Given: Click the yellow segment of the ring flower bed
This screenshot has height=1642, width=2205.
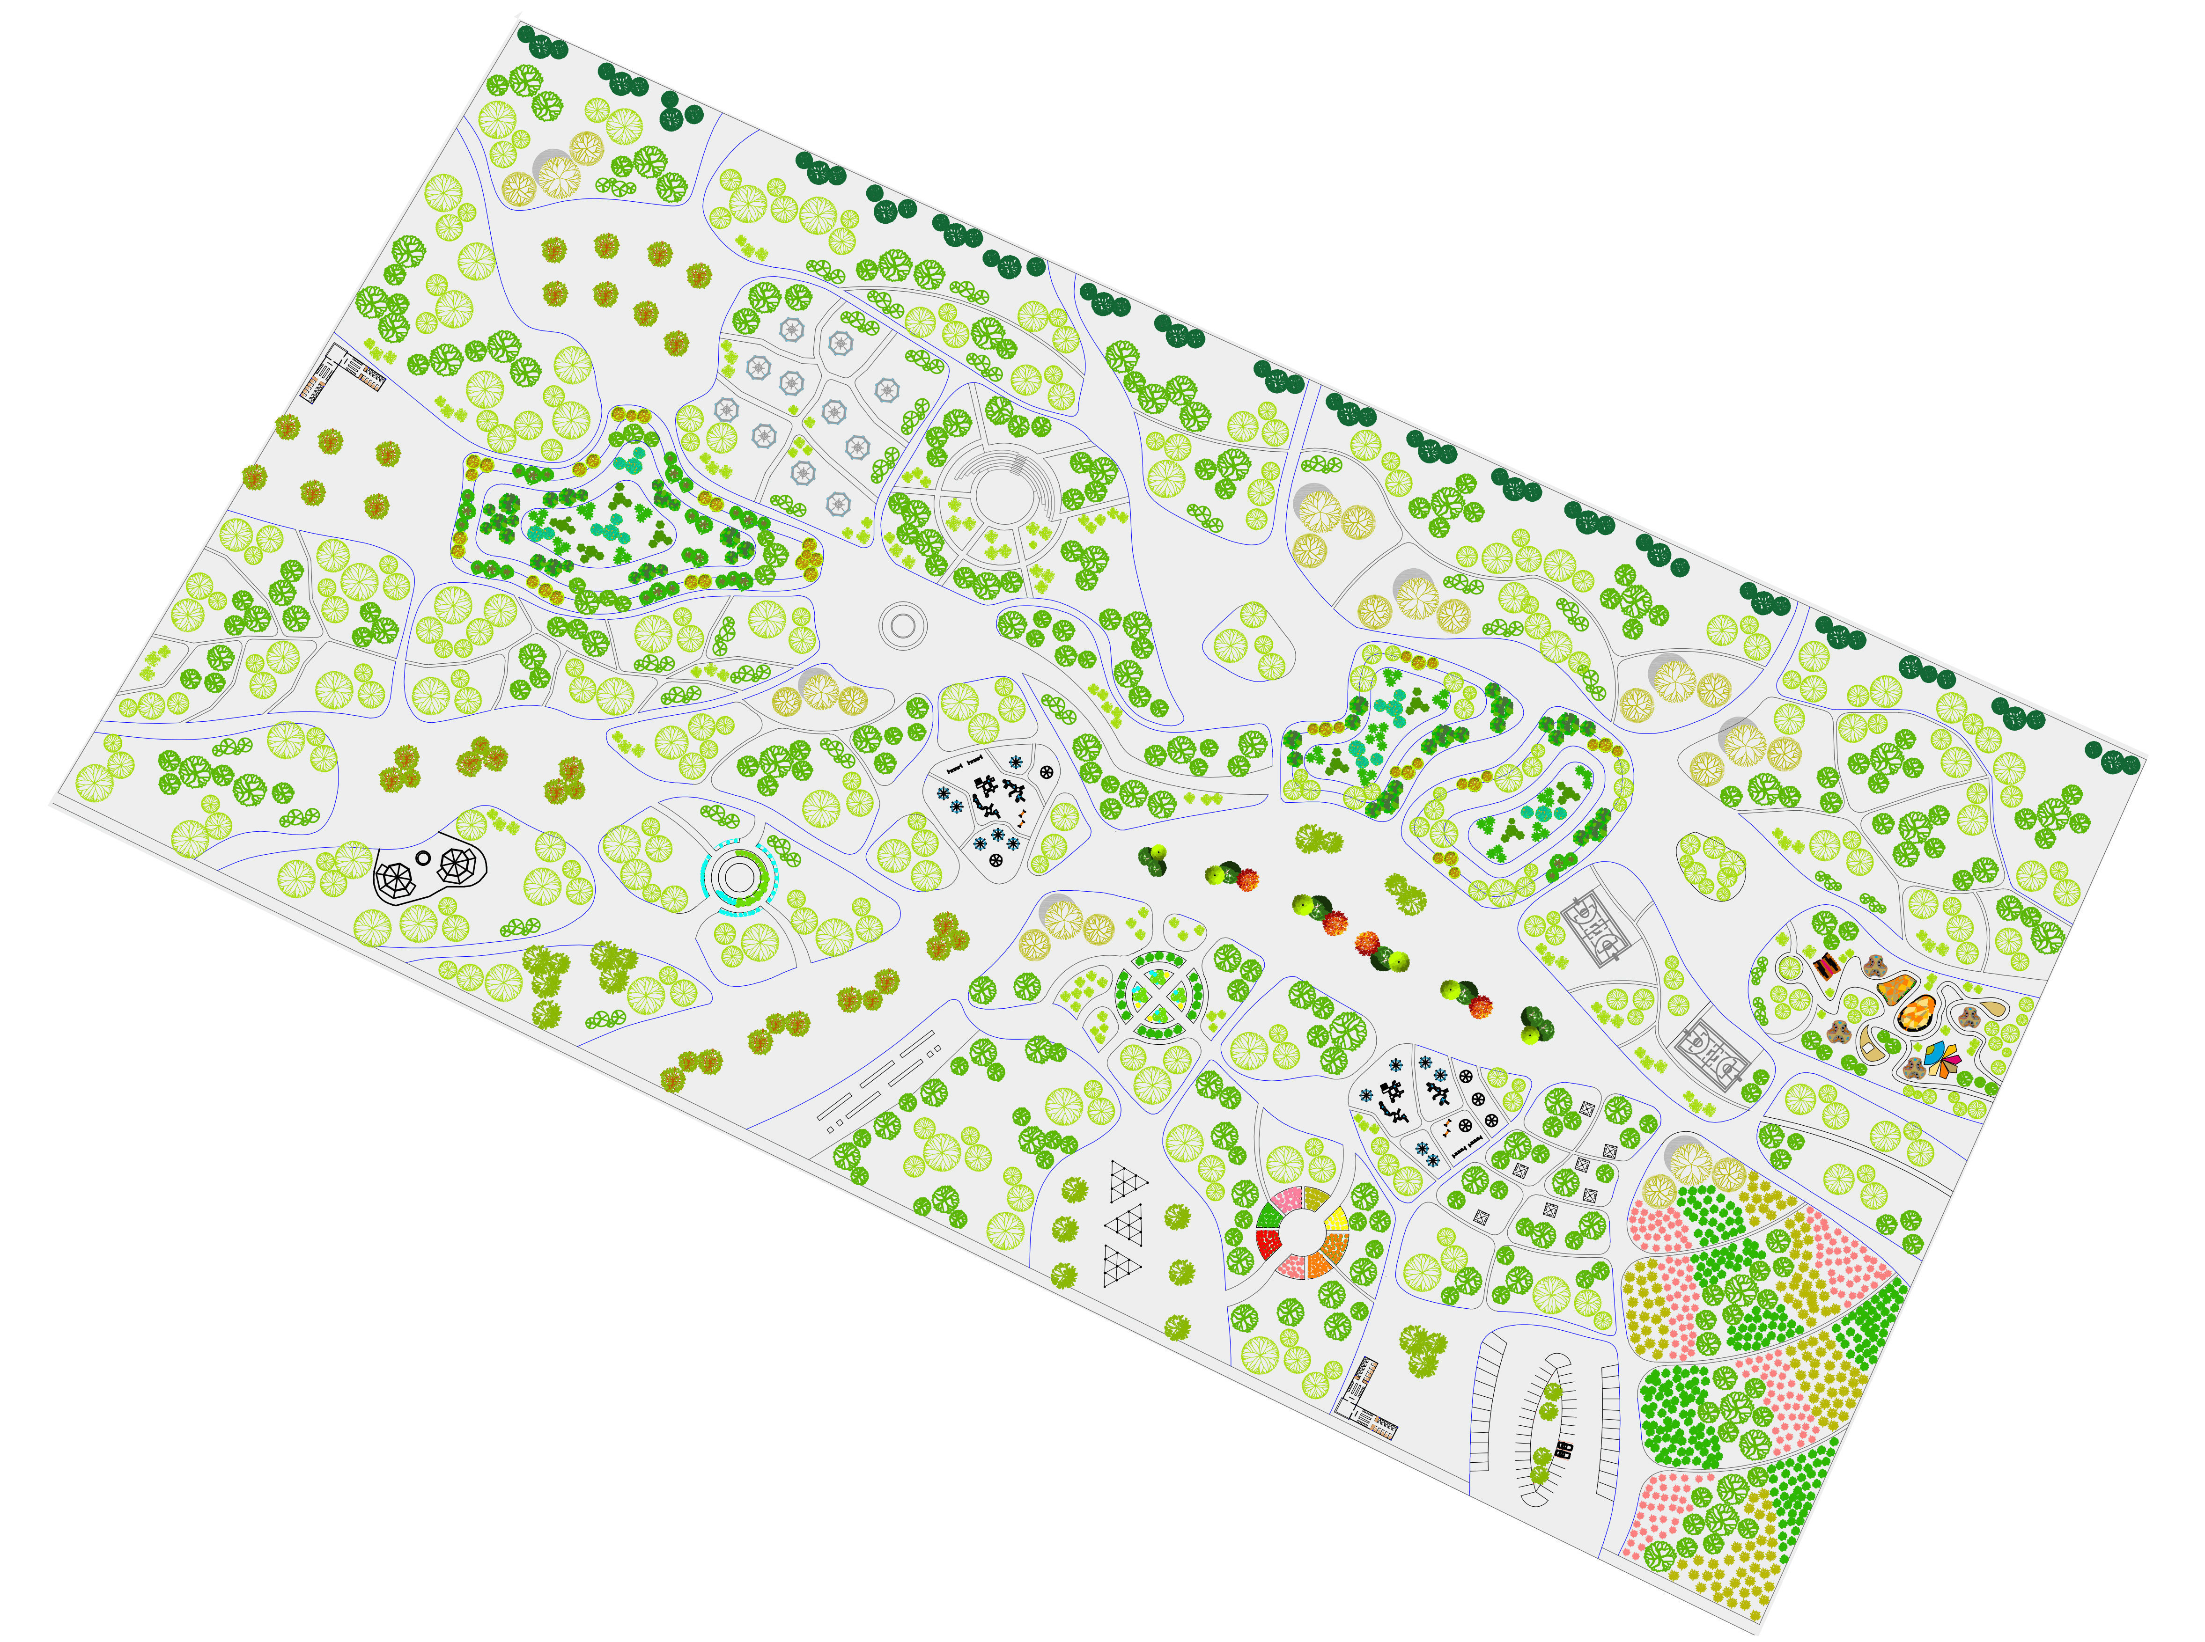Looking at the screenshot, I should (1337, 1220).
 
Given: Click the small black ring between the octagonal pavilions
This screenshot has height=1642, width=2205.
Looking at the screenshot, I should (422, 858).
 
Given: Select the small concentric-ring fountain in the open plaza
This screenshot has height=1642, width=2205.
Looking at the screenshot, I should (903, 625).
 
